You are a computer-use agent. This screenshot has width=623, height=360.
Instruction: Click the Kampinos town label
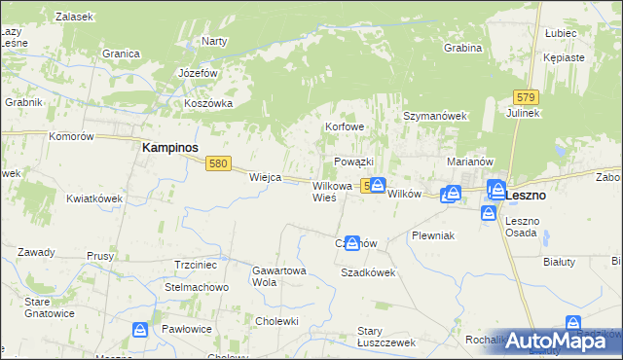coord(170,147)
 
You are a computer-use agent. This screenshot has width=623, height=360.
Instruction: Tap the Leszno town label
coord(527,195)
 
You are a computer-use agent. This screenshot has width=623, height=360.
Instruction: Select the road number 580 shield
coord(218,163)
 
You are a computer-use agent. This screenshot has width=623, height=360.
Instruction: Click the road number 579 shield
coord(527,97)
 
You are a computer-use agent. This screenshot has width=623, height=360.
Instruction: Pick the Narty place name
coord(213,41)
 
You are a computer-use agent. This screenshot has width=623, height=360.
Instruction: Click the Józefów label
coord(198,73)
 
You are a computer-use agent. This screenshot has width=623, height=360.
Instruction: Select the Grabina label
coord(462,48)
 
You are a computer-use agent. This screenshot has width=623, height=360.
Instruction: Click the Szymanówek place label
coord(436,116)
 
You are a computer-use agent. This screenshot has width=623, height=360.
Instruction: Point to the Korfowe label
coord(345,127)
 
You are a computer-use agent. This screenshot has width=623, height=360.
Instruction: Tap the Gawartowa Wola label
coord(279,275)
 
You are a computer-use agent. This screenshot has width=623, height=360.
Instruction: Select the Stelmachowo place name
coord(196,288)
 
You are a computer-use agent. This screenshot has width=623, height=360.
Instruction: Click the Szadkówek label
coord(368,273)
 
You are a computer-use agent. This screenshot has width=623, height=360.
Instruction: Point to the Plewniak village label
coord(433,236)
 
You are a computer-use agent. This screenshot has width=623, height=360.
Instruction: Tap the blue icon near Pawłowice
coord(141,331)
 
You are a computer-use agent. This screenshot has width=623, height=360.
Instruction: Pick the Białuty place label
coord(560,261)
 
